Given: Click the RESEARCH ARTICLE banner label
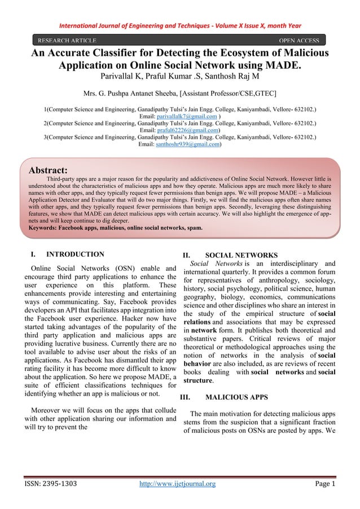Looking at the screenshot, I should [67, 41].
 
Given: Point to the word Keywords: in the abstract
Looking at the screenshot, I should [47, 229].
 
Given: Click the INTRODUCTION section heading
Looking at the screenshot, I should [74, 254].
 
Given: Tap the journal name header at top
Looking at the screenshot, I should [181, 25].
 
